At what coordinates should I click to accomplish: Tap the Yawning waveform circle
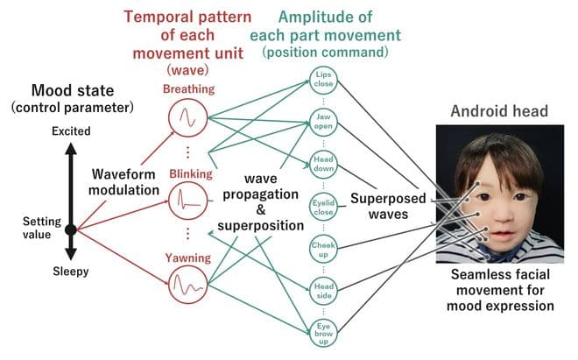(187, 286)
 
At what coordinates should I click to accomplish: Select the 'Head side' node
(323, 288)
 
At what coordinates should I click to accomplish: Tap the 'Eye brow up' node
(323, 330)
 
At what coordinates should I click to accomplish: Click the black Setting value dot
(71, 229)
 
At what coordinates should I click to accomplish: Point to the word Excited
(71, 130)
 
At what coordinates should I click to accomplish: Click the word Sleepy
(71, 272)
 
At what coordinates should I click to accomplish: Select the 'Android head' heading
(499, 111)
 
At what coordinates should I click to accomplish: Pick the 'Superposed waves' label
(389, 206)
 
